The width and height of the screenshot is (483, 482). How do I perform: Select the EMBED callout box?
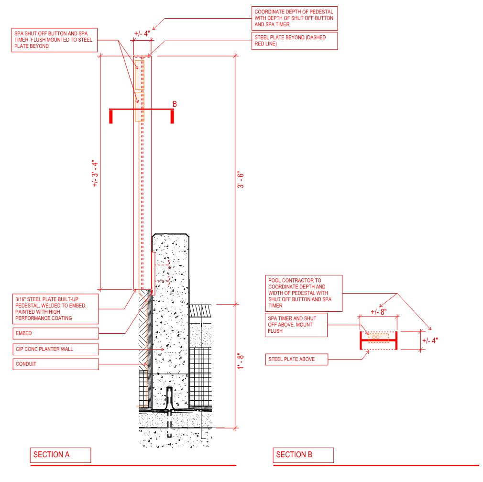[55, 333]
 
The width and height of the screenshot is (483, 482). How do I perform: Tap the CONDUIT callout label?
[55, 364]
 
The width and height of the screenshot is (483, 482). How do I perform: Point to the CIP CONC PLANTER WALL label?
[55, 349]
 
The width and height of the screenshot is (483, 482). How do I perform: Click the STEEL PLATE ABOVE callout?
[296, 360]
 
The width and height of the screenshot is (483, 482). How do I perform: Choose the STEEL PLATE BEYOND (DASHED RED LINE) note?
[295, 41]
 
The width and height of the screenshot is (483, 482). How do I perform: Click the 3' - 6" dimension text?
[241, 180]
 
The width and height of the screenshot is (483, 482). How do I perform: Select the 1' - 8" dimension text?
[241, 361]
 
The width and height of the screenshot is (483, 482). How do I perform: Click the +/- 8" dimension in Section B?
[379, 312]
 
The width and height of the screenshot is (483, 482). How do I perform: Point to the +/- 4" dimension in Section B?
[430, 340]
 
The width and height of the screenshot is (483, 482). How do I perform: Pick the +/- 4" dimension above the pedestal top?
[142, 33]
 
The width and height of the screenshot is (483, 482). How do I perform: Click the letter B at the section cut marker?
[175, 104]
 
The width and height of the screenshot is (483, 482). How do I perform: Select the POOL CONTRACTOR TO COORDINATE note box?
[304, 293]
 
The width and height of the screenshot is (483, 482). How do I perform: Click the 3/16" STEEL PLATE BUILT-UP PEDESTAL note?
[55, 309]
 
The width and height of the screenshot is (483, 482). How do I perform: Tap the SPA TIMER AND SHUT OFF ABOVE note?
[296, 325]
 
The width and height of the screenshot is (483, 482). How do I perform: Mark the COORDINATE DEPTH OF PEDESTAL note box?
[295, 18]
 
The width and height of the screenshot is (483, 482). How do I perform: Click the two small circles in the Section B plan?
[376, 337]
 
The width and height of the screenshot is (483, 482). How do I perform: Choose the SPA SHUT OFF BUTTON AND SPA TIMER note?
[54, 40]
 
